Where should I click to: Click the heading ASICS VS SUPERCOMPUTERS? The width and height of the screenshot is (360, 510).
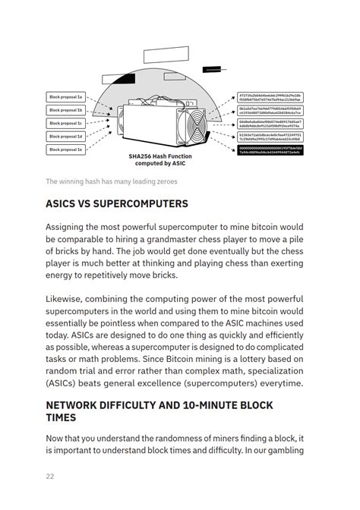tap(116, 204)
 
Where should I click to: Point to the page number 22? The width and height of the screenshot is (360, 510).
tap(51, 477)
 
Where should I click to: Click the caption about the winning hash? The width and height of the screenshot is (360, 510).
tap(100, 181)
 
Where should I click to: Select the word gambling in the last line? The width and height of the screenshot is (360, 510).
tap(282, 452)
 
